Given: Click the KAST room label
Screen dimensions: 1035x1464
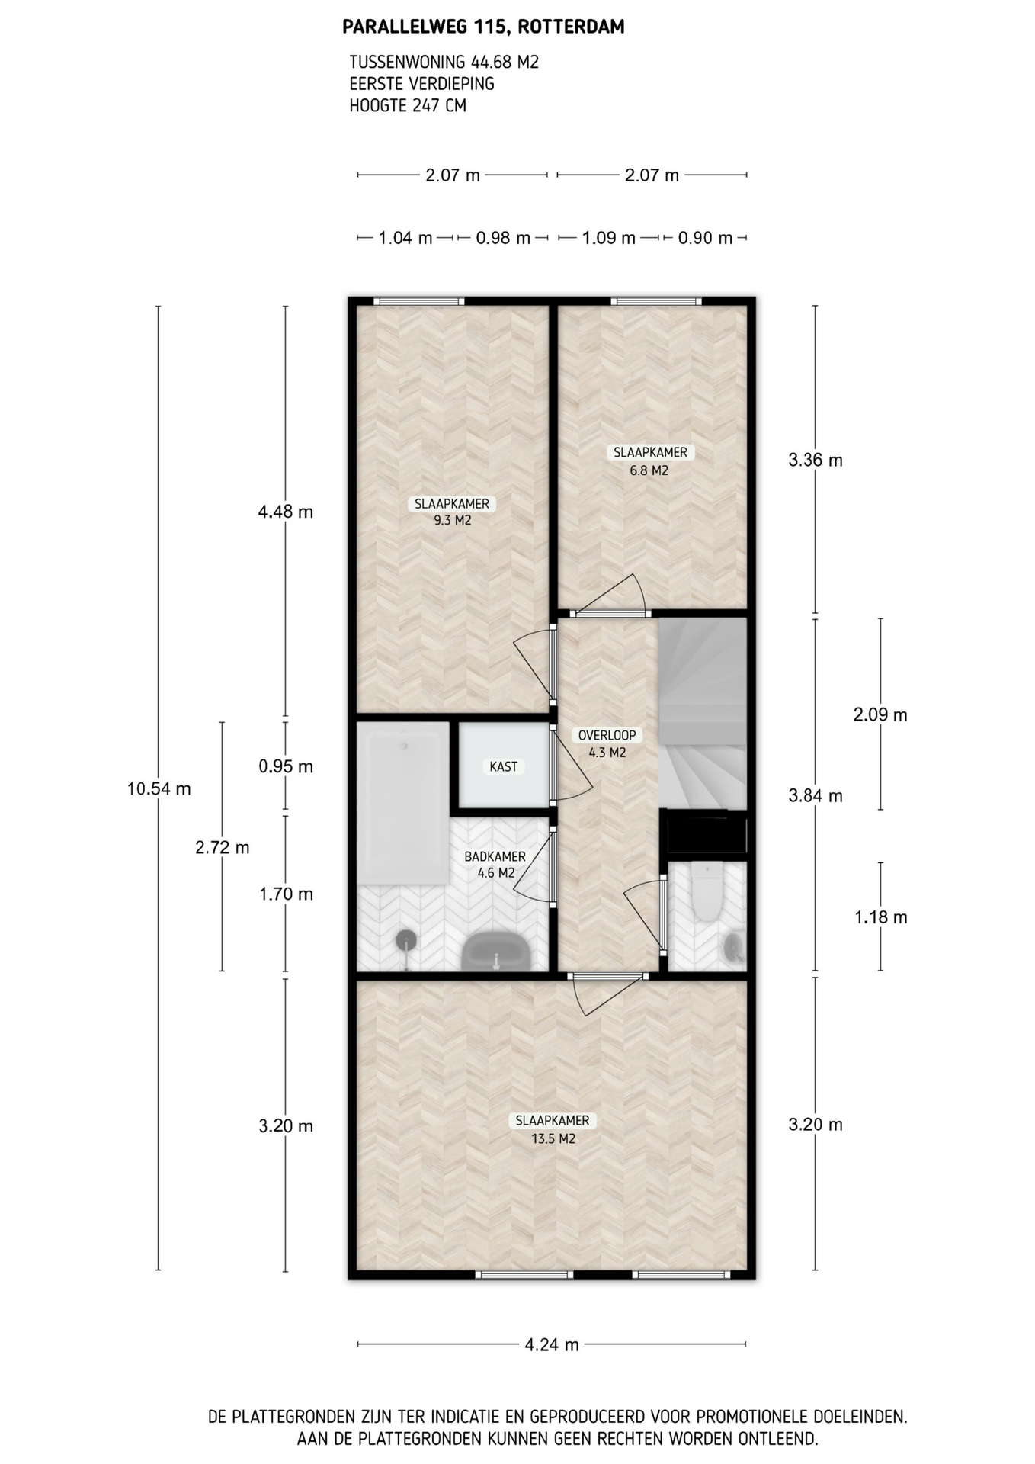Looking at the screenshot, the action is point(504,766).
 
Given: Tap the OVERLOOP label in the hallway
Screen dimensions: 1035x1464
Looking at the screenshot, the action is point(607,735).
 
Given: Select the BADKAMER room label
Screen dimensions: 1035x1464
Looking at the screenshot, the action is point(495,856).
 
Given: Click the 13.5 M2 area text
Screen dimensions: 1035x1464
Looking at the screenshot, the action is point(553,1138).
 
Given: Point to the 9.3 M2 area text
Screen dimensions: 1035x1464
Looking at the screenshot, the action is point(453,521).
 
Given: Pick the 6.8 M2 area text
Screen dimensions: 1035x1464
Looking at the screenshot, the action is point(649,470).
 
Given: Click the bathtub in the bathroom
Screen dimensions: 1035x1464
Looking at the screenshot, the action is point(403,803).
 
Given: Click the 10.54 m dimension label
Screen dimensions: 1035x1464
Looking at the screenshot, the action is point(159,789).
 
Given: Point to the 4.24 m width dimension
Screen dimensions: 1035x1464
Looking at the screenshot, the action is point(552,1344).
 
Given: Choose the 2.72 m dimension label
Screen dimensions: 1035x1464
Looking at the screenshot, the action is point(223,847).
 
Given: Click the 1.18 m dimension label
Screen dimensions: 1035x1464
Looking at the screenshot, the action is point(881,917).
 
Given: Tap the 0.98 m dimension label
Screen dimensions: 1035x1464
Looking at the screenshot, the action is point(503,238).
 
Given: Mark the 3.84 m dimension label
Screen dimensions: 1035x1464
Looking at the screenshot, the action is point(816,796).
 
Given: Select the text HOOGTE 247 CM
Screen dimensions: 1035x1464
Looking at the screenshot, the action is point(408,106).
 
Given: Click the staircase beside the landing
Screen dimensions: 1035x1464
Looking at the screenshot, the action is point(702,714).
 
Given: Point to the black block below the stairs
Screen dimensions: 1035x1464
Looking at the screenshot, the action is point(707,833).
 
